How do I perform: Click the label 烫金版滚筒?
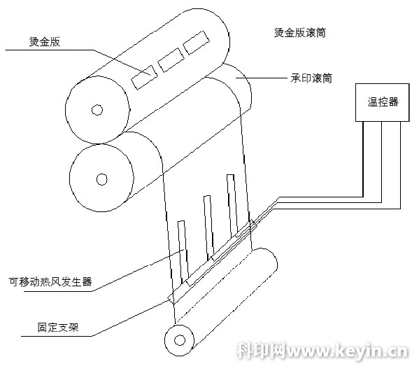tap(300, 33)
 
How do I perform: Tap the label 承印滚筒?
tap(311, 78)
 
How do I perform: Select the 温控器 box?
tap(382, 102)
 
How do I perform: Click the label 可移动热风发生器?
tap(50, 282)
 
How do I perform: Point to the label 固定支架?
tap(58, 328)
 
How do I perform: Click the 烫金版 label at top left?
tap(45, 42)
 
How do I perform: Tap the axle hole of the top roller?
tap(97, 110)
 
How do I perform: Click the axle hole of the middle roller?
tap(102, 179)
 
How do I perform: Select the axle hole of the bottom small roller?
tap(180, 340)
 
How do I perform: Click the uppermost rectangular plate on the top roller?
tap(197, 43)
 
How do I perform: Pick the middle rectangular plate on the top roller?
tap(171, 60)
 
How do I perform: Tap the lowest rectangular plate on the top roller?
tap(145, 77)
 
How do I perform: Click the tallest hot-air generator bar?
tap(232, 206)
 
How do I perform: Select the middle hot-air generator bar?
tap(209, 228)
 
